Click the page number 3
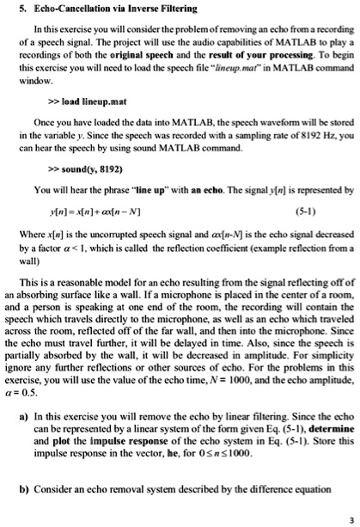click(351, 520)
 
